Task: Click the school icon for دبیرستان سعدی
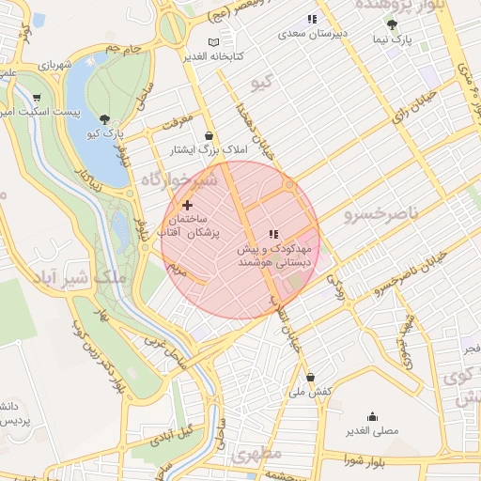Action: tap(312, 19)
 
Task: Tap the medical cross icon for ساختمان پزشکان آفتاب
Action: tap(187, 204)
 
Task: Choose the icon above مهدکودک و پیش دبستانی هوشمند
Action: tap(272, 234)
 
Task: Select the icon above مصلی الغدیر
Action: tap(372, 417)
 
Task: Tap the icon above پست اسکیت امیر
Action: tap(37, 97)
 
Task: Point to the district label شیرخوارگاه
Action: tap(178, 178)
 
